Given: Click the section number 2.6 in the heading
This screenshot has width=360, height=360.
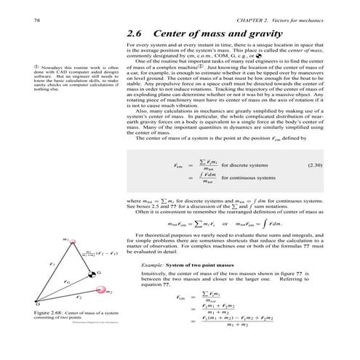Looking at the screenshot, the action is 135,34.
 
